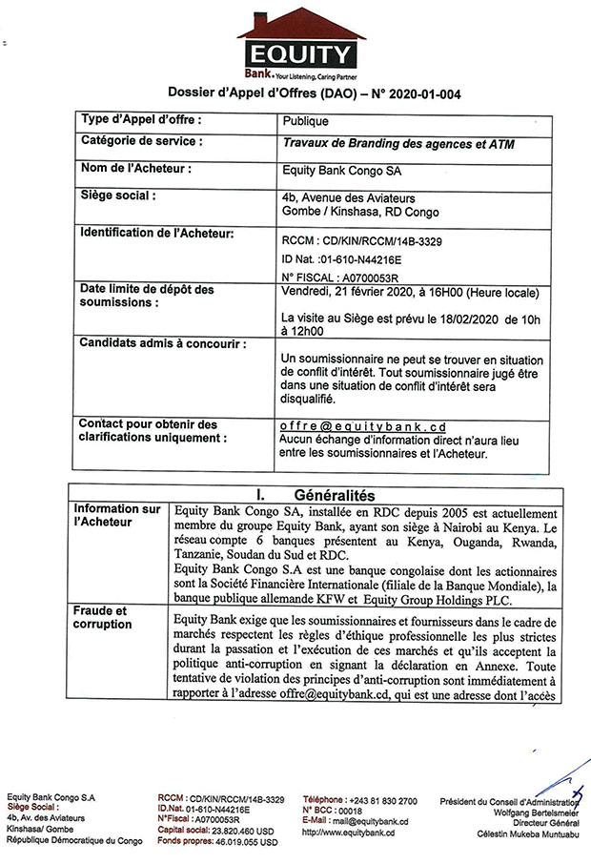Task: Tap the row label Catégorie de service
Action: point(141,141)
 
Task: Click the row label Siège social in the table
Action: point(118,195)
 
